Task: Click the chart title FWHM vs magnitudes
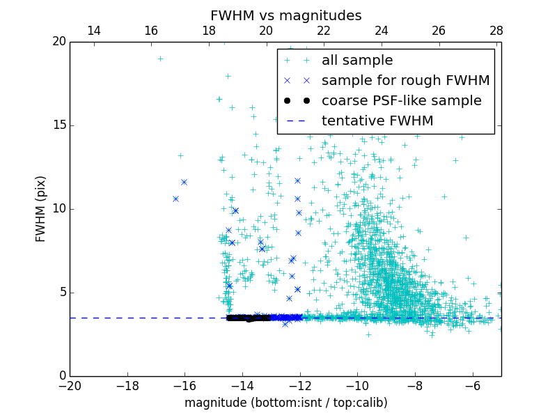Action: pos(285,15)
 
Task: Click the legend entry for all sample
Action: pos(356,61)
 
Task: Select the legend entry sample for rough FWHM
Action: pos(405,81)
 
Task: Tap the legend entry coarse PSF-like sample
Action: pos(401,101)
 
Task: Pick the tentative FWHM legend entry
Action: pos(377,121)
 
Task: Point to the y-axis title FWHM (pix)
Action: pos(41,209)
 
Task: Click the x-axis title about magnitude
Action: pos(285,403)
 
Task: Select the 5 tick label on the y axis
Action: pos(61,293)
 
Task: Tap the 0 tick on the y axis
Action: pos(61,376)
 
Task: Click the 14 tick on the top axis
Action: pos(93,31)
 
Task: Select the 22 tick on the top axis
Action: pos(324,31)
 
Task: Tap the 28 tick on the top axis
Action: pos(496,31)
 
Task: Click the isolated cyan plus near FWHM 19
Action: pos(160,59)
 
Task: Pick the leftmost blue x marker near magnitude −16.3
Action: pos(175,199)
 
